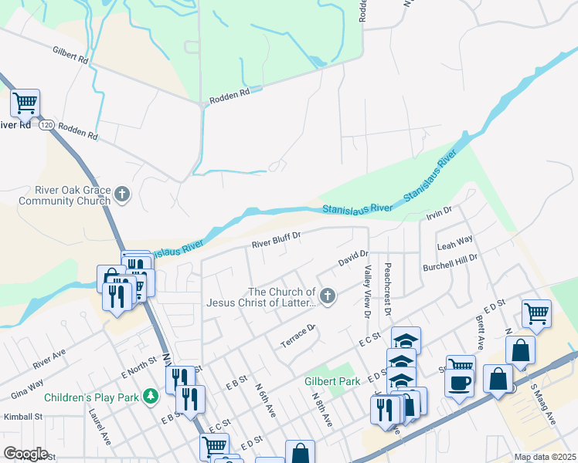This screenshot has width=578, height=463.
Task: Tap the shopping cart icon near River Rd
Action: tap(25, 102)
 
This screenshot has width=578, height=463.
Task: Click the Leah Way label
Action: tap(454, 243)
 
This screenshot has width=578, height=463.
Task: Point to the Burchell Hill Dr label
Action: tap(450, 262)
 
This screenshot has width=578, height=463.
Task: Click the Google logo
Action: tap(25, 454)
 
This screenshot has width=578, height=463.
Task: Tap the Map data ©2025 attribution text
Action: tap(544, 457)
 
